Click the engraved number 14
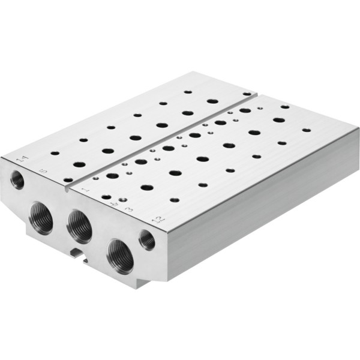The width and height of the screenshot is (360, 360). (x=22, y=159)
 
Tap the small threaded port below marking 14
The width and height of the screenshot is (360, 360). (x=17, y=179)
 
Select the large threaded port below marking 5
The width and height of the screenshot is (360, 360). (x=41, y=217)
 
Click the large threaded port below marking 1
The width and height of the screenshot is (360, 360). (x=79, y=226)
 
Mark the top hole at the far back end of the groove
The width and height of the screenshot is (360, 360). (x=247, y=94)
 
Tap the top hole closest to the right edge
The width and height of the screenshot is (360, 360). (x=307, y=130)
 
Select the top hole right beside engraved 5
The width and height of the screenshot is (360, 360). (x=68, y=179)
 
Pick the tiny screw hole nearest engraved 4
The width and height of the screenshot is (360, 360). (x=122, y=199)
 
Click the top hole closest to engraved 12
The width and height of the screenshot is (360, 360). (x=174, y=200)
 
